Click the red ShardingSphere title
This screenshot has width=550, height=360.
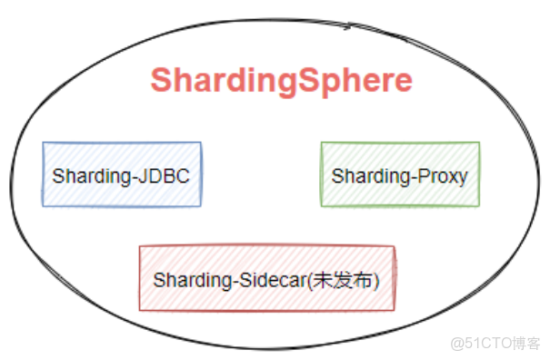pos(281,81)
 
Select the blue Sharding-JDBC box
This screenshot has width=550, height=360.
pos(122,174)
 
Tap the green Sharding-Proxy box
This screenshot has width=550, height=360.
pos(399,174)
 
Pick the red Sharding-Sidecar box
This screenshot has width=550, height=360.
pos(266,279)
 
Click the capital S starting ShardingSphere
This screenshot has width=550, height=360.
pos(160,81)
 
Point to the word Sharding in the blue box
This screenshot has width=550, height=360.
pos(90,175)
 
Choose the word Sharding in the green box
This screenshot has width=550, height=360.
pos(369,175)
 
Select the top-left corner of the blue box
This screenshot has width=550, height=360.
pos(44,144)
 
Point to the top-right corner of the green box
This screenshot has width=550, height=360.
pos(478,143)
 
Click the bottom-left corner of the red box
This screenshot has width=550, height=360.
pos(140,310)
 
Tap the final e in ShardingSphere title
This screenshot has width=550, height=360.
pos(404,82)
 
